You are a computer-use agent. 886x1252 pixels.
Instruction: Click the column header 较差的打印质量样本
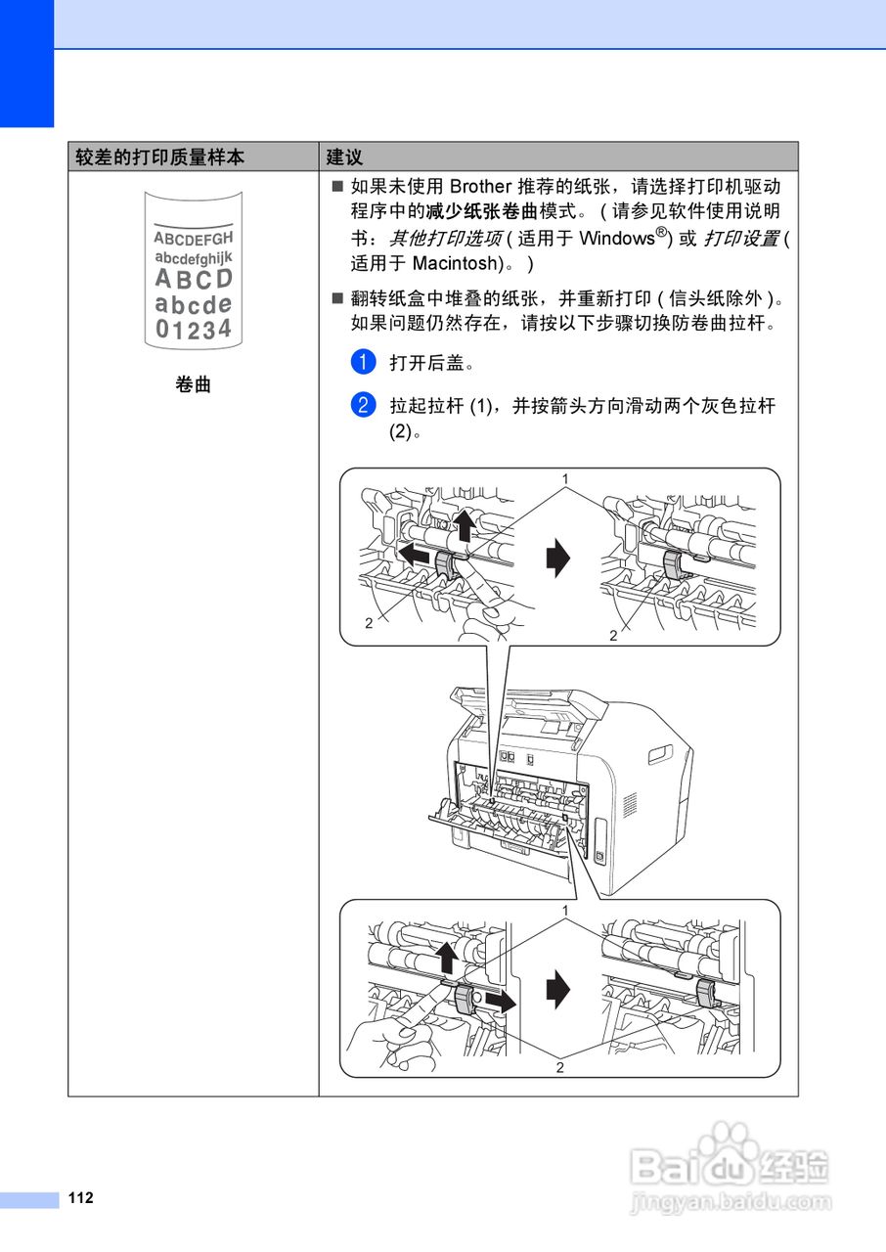[160, 157]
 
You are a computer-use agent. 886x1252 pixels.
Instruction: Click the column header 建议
[344, 157]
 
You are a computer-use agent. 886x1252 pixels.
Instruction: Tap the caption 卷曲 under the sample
[193, 385]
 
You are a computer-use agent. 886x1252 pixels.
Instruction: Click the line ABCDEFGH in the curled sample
[193, 238]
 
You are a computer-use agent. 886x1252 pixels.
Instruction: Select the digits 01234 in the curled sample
[194, 329]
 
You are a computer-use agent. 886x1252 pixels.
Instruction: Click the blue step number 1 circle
[362, 362]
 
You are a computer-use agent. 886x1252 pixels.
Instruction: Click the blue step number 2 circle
[362, 405]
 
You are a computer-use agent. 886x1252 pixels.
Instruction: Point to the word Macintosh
[456, 263]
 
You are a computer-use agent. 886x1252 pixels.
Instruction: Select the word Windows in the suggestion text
[615, 238]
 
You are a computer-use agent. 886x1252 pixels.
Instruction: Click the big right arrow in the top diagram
[556, 559]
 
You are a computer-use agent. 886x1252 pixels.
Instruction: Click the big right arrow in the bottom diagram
[556, 989]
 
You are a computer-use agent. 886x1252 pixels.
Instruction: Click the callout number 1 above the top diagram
[564, 478]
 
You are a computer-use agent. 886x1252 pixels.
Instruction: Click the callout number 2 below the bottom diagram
[559, 1067]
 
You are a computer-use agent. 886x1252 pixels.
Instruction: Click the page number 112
[81, 1198]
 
